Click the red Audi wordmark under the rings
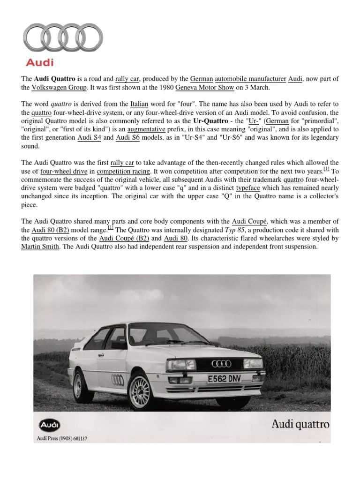click(39, 62)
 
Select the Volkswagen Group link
click(59, 87)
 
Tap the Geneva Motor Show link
click(204, 87)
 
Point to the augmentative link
click(141, 129)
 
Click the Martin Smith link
click(40, 247)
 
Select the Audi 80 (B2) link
click(50, 230)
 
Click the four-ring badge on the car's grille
click(222, 364)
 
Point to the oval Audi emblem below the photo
click(49, 426)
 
